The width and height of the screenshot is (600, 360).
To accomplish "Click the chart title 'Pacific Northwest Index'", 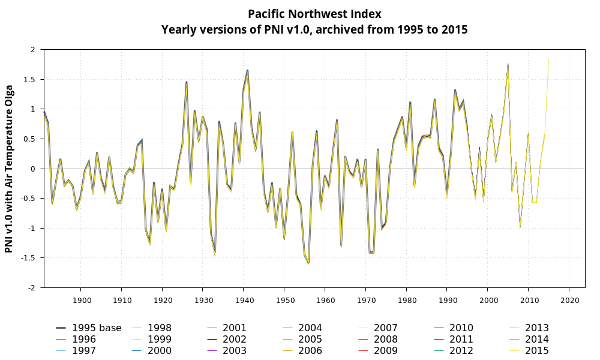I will click(314, 14).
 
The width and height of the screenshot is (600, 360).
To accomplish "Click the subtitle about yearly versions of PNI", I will click(314, 29).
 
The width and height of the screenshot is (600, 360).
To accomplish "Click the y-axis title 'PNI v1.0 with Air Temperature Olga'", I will click(9, 169).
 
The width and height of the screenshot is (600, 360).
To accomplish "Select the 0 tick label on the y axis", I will click(35, 169).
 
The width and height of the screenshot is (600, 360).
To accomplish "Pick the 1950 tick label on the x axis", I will click(284, 299).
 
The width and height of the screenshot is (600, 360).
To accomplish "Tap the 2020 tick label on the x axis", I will click(569, 299).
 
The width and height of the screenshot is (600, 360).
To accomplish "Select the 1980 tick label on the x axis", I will click(406, 299).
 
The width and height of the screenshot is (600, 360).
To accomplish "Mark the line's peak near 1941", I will click(248, 71).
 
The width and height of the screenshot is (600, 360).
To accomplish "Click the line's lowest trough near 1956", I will click(309, 263).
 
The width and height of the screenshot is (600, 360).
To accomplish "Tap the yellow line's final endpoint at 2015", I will click(548, 59).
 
